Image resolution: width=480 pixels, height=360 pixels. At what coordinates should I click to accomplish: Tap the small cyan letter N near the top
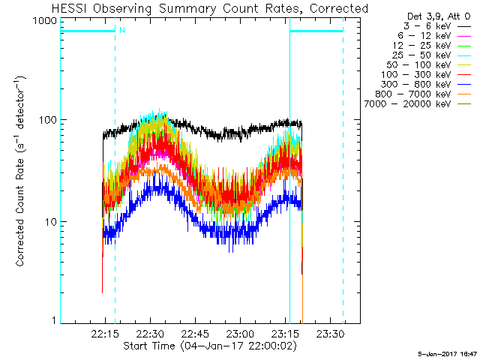click(121, 29)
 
